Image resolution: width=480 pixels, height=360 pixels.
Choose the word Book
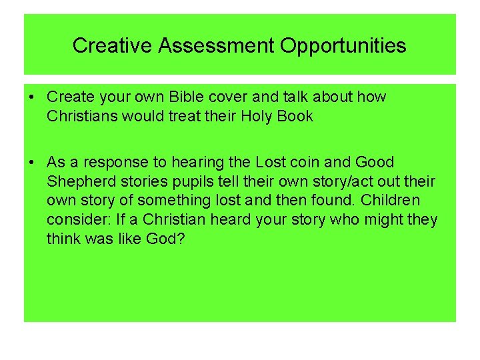[x=294, y=117]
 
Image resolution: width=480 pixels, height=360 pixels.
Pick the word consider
[x=75, y=219]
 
